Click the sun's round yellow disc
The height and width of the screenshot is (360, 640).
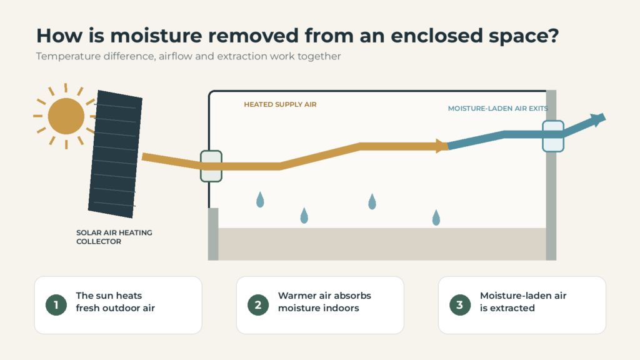(66, 116)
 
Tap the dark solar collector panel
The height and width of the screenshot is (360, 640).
(115, 154)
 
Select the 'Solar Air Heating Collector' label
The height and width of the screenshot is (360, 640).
(114, 237)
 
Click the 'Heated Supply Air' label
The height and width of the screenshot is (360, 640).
(280, 104)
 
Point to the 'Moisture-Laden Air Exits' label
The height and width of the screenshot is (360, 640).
(497, 109)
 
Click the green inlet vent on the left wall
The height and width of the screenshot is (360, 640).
(211, 166)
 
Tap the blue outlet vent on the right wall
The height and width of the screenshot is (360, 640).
(553, 136)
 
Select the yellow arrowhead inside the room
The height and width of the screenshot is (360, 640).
(442, 146)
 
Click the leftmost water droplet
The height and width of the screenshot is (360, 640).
(260, 200)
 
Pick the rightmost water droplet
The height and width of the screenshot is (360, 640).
(436, 218)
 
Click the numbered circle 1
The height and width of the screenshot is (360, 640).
(56, 305)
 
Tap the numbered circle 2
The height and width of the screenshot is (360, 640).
(258, 305)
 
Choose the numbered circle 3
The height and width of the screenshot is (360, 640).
(460, 305)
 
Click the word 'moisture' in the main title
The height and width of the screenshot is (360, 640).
(156, 36)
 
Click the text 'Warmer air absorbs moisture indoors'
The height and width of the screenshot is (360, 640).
(324, 302)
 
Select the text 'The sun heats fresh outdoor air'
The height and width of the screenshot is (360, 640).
(116, 302)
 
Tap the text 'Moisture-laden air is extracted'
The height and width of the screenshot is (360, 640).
(523, 302)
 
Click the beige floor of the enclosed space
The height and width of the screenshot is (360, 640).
(382, 244)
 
